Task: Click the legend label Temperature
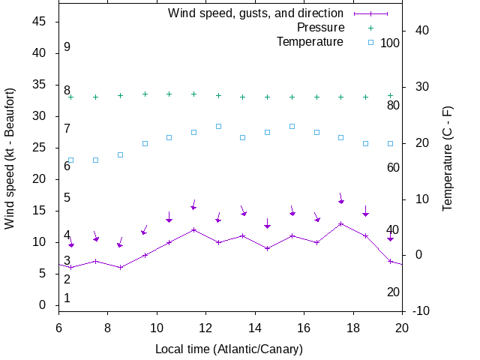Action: click(310, 41)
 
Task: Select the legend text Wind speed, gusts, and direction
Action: click(255, 13)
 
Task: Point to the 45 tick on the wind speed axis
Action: click(40, 22)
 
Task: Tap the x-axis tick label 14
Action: click(255, 327)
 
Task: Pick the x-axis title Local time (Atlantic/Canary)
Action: click(229, 349)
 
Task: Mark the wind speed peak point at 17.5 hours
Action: click(341, 223)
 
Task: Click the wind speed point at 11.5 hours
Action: click(193, 229)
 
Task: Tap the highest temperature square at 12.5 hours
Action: click(218, 126)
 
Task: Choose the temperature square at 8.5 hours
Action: click(120, 154)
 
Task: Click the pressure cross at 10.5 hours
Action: click(169, 94)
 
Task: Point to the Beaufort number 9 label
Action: click(67, 47)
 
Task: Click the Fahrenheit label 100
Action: click(390, 43)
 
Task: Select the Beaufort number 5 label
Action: click(67, 198)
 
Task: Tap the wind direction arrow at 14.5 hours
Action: click(267, 223)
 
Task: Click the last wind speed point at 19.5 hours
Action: click(390, 261)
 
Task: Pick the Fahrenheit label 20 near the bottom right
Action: click(393, 292)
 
